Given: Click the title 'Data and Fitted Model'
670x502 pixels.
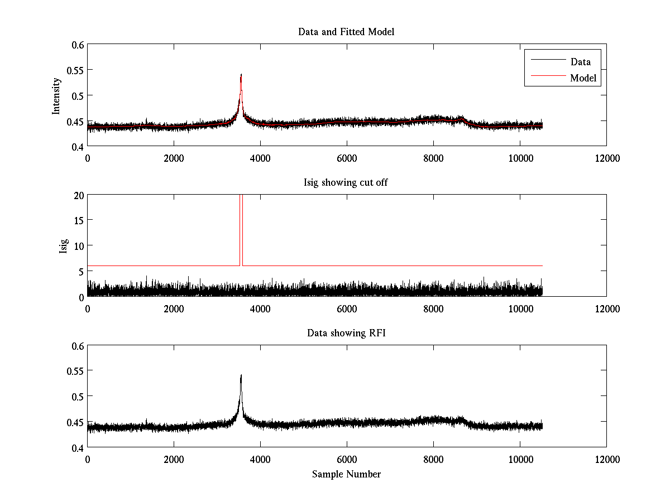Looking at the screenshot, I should point(346,32).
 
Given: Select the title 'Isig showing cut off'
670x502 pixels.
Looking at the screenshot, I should point(346,183).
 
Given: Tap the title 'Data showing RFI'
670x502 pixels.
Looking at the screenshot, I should point(346,333).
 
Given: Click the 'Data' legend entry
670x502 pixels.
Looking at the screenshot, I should point(580,61).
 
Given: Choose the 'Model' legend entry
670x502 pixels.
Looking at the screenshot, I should point(583,78).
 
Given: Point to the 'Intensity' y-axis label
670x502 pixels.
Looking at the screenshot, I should point(56,95).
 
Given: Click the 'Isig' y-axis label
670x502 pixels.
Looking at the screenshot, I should point(63,246).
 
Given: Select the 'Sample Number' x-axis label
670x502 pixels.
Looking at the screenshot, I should point(346,474).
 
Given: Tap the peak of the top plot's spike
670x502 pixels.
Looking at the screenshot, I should point(241,74).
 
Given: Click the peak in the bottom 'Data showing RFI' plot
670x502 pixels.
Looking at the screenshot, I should point(241,375).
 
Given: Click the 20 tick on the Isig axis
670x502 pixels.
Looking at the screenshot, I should point(78,195).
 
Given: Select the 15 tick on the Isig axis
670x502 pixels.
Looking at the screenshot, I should point(78,220).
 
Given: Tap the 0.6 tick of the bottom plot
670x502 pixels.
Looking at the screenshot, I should point(76,346).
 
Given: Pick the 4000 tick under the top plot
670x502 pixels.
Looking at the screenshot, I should point(260,158).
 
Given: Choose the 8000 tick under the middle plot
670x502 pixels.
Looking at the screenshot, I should point(433,308).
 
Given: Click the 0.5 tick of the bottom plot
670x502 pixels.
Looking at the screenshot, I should point(76,397).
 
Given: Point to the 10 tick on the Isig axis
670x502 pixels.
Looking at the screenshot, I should point(78,246).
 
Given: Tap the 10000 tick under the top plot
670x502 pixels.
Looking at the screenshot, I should point(520,158).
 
